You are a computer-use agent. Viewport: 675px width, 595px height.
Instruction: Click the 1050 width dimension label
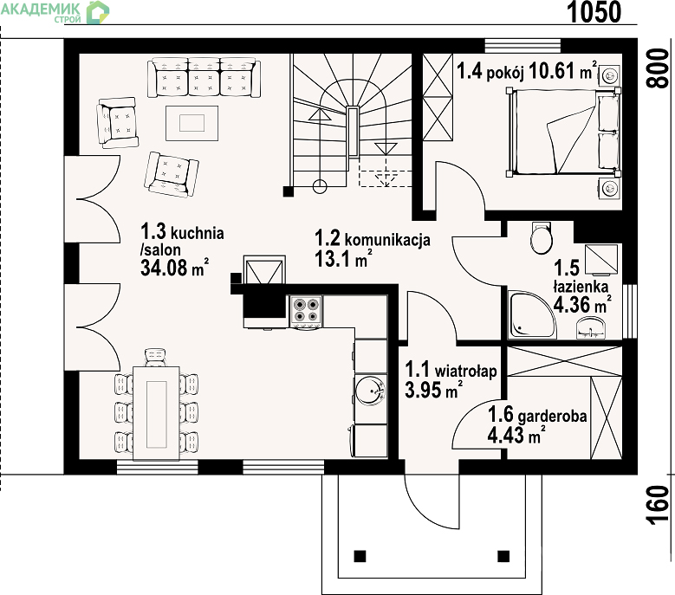594,12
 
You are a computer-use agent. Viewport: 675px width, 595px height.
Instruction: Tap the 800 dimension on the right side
659,68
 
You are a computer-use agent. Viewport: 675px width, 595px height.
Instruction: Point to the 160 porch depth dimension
659,505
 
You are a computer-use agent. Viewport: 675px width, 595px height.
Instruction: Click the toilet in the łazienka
541,238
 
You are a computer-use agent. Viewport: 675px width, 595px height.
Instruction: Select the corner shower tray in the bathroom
532,314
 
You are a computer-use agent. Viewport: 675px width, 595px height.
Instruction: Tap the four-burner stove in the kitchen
306,312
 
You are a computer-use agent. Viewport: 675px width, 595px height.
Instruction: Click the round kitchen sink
371,391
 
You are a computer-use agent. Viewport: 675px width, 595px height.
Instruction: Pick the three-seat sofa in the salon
204,78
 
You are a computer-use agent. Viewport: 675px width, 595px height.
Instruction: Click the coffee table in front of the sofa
192,123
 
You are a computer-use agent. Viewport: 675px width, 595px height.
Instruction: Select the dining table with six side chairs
156,413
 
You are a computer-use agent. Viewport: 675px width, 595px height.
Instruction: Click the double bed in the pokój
564,133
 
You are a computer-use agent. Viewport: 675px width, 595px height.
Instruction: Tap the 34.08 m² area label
175,267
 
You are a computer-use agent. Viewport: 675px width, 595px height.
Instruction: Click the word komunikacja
387,240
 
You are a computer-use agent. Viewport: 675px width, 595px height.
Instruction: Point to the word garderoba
552,416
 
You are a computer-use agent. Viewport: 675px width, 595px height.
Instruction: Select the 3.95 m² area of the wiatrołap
433,390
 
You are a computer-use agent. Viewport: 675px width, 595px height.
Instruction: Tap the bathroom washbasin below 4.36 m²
593,328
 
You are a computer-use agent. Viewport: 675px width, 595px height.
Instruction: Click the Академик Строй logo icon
98,12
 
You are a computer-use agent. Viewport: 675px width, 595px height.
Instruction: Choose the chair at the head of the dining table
155,357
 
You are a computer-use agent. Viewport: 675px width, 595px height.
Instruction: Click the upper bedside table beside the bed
609,75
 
